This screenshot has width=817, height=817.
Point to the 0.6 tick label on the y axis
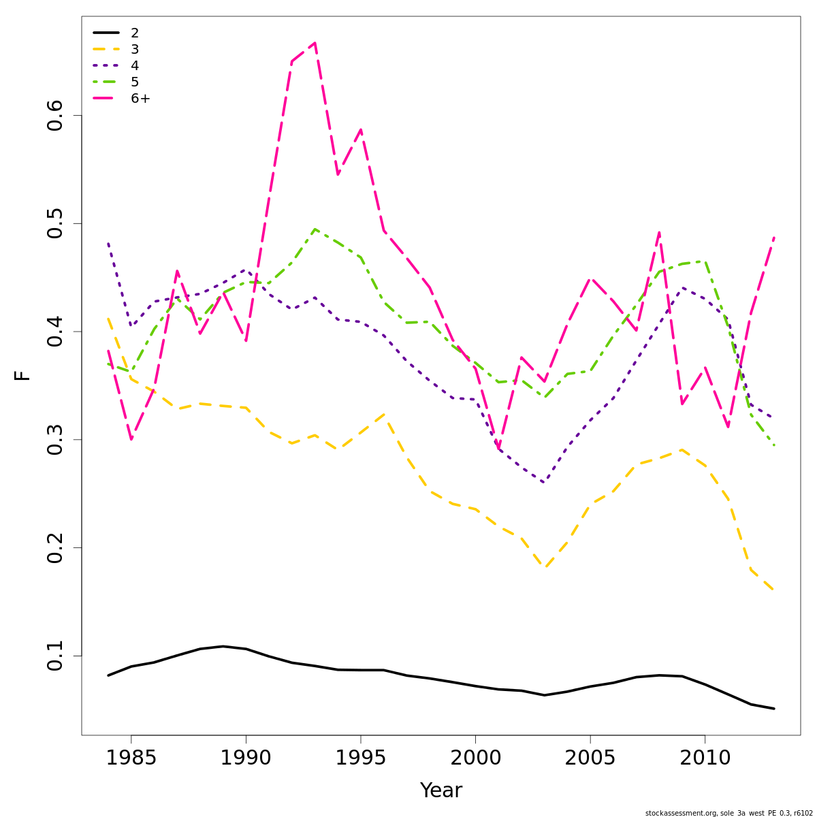[54, 116]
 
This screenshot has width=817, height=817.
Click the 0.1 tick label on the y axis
[54, 656]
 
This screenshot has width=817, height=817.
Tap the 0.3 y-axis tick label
[54, 440]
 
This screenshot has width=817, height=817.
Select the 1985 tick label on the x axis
[131, 757]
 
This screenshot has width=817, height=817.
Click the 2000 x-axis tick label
[475, 757]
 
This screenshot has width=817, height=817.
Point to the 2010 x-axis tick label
[705, 757]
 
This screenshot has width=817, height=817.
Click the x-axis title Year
[440, 790]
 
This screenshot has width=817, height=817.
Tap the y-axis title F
[22, 375]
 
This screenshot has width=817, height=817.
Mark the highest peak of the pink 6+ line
[315, 43]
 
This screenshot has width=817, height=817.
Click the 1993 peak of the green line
[315, 229]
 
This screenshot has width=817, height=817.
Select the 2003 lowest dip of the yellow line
[544, 568]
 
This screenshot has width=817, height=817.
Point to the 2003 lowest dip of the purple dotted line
[544, 483]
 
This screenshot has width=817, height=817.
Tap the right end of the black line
[773, 709]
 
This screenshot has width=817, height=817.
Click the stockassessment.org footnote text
[728, 813]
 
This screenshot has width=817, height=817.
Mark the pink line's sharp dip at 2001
[498, 450]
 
